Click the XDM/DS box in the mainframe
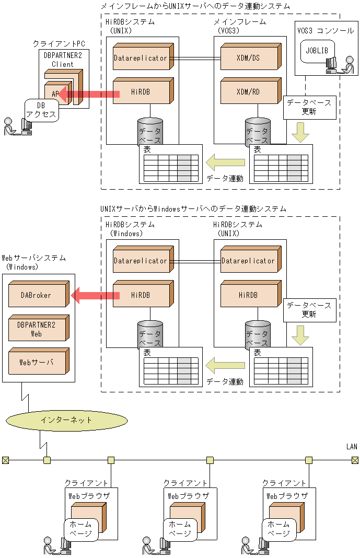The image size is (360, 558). pyautogui.click(x=248, y=58)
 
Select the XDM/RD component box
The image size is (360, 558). pyautogui.click(x=248, y=92)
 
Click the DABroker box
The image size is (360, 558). pyautogui.click(x=36, y=295)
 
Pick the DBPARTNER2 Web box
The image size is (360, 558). pyautogui.click(x=36, y=329)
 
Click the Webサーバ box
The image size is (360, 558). pyautogui.click(x=36, y=362)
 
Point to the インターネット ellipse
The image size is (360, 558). pyautogui.click(x=66, y=419)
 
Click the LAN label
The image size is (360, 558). pyautogui.click(x=352, y=446)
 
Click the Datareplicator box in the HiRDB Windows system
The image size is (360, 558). pyautogui.click(x=141, y=261)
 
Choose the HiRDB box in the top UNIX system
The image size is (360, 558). pyautogui.click(x=141, y=92)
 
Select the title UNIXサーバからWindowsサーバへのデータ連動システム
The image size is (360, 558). pyautogui.click(x=193, y=208)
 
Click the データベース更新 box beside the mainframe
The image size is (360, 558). pyautogui.click(x=309, y=107)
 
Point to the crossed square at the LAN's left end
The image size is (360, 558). pyautogui.click(x=5, y=460)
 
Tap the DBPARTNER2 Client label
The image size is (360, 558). pyautogui.click(x=63, y=60)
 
